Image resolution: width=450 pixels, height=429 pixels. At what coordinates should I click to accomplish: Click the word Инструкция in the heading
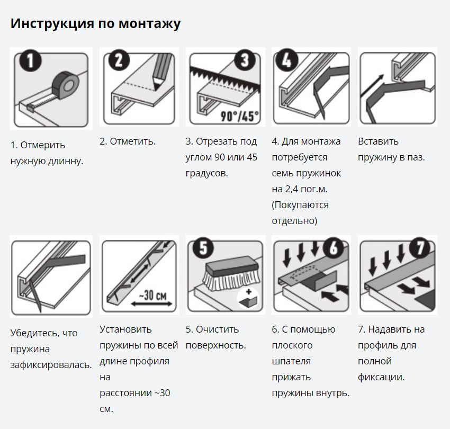[x=52, y=23]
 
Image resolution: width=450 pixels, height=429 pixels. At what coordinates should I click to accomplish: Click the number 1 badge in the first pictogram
[x=30, y=60]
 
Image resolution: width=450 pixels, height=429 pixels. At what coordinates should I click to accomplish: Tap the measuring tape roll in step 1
[x=65, y=85]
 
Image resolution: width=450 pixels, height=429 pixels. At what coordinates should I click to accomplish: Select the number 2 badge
[x=119, y=60]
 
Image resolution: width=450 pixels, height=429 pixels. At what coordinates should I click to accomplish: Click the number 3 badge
[x=245, y=60]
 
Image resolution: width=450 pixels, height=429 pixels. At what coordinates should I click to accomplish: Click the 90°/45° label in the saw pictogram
[x=239, y=117]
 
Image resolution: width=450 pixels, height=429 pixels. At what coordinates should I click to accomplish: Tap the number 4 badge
[x=286, y=60]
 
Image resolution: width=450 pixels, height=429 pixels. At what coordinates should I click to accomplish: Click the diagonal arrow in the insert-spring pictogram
[x=372, y=86]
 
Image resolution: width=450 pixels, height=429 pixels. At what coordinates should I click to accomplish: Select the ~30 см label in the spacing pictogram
[x=152, y=295]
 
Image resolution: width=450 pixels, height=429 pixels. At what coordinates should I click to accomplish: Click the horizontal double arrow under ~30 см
[x=151, y=304]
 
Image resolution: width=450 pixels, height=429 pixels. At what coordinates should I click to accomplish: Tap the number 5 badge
[x=203, y=248]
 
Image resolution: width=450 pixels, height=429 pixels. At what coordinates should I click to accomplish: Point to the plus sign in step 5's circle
[x=248, y=292]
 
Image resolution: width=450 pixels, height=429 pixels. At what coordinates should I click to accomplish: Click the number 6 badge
[x=334, y=248]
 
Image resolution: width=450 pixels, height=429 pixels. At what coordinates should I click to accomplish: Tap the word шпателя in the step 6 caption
[x=291, y=362]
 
